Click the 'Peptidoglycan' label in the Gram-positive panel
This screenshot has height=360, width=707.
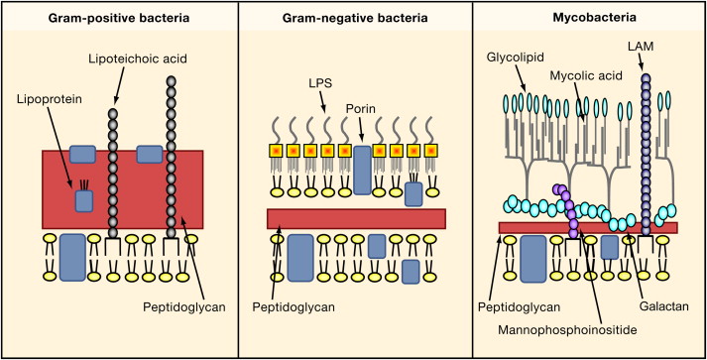184,305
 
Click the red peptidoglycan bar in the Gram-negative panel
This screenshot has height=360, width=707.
355,218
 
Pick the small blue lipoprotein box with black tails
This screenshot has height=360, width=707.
84,200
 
